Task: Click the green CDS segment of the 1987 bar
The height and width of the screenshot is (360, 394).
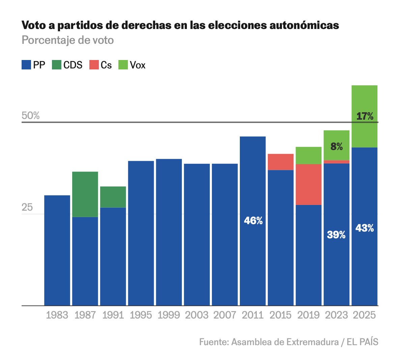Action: [85, 194]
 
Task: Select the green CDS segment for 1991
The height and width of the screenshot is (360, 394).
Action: [113, 197]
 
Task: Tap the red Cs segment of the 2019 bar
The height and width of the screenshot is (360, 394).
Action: [309, 184]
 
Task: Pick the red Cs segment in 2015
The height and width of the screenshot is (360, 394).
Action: [281, 162]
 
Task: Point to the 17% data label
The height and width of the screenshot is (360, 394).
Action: [365, 116]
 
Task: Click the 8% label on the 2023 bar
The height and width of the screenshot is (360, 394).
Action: [337, 147]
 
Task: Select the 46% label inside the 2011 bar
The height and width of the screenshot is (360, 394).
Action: [253, 221]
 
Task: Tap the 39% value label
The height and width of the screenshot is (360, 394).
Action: [336, 235]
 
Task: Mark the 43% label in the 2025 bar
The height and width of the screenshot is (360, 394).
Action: [365, 228]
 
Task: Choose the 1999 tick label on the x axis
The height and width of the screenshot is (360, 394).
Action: [169, 315]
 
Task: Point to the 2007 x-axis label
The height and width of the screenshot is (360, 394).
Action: [225, 315]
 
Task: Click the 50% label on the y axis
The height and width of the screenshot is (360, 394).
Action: [31, 116]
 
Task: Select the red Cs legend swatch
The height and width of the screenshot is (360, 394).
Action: [94, 65]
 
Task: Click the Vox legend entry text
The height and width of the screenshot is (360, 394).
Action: [138, 65]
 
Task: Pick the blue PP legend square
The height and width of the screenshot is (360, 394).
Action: [26, 65]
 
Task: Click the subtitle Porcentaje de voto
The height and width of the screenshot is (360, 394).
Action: [68, 40]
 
